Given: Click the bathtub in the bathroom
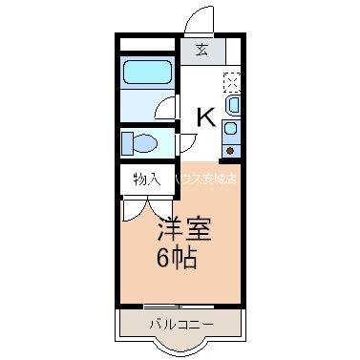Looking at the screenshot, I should (x=147, y=74).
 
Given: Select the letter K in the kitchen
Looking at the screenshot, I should (x=205, y=117).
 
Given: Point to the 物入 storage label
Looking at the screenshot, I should (x=146, y=180).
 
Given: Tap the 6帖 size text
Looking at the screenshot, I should (x=178, y=258).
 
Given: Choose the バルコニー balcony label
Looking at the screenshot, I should (x=180, y=326).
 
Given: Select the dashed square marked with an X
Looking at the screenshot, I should (x=232, y=80).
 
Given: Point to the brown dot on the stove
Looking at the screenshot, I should (x=230, y=150).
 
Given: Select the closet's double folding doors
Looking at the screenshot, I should (x=145, y=208).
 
